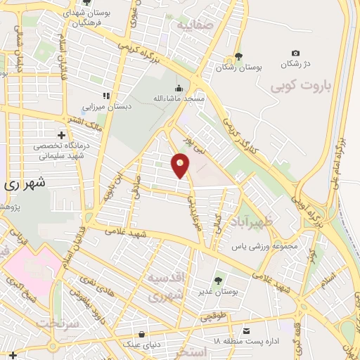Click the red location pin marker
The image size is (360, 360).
[x=181, y=166]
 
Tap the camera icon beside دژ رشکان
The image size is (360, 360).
[x=295, y=53]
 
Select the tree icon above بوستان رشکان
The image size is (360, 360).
[x=238, y=56]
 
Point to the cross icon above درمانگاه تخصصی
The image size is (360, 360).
[x=62, y=134]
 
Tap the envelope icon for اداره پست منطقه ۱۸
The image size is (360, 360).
[x=246, y=330]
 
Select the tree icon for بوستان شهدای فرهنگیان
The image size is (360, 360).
[x=86, y=3]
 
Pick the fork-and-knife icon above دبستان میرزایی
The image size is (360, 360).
[x=106, y=96]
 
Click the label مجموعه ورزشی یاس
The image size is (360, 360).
[x=259, y=247]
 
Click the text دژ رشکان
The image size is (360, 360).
[x=295, y=64]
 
